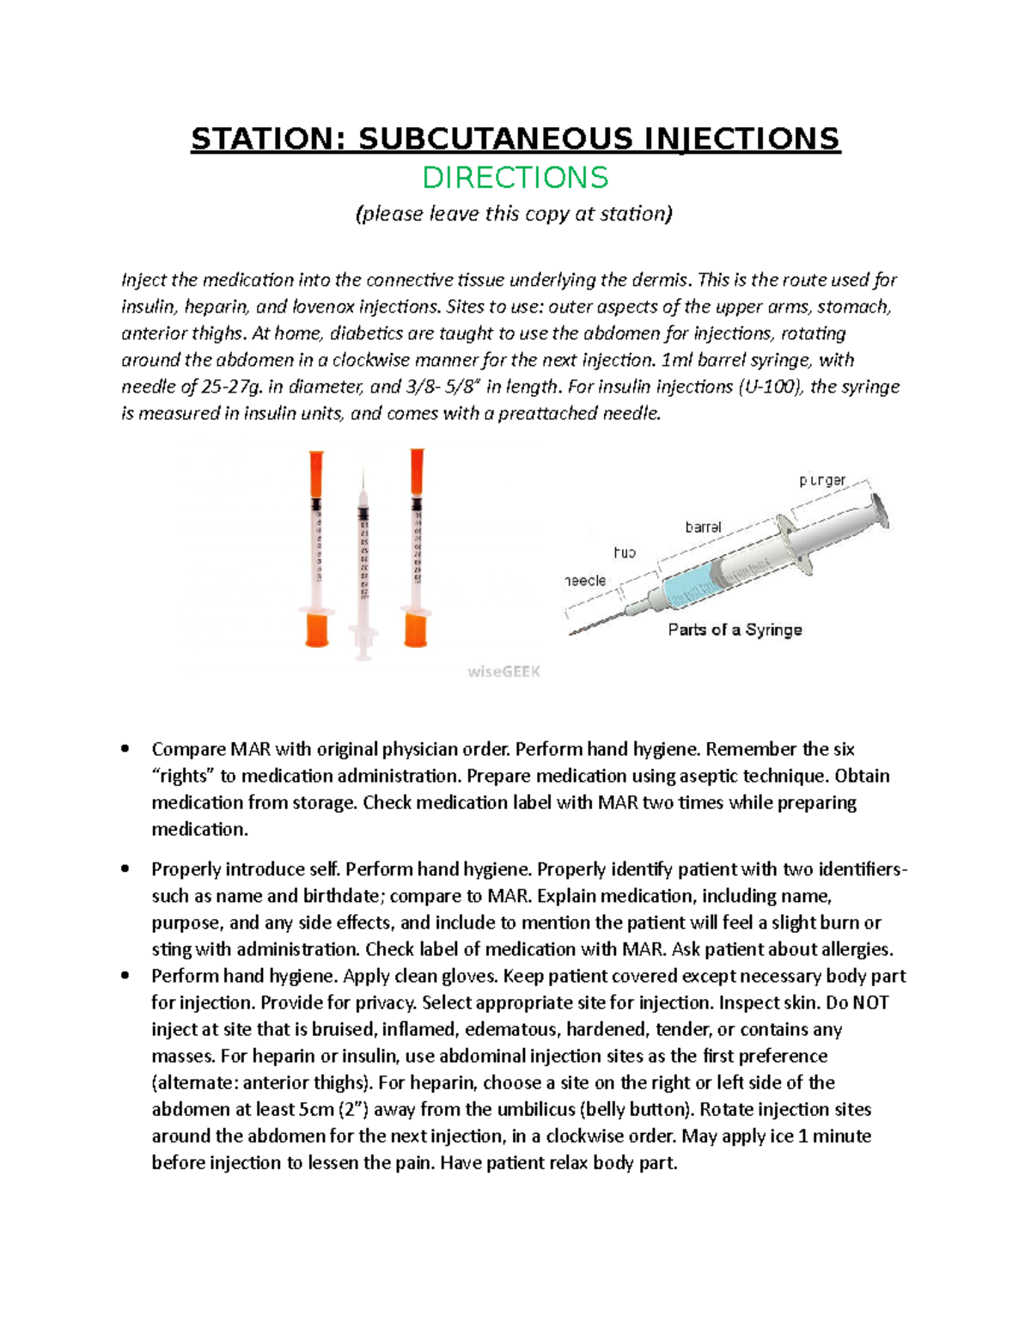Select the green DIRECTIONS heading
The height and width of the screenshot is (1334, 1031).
pyautogui.click(x=515, y=178)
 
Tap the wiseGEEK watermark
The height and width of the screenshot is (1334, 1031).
pyautogui.click(x=504, y=672)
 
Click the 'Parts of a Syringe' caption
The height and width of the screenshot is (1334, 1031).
pyautogui.click(x=735, y=630)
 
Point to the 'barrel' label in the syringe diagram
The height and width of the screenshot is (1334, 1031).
pyautogui.click(x=703, y=527)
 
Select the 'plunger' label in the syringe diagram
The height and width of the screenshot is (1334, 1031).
pyautogui.click(x=822, y=480)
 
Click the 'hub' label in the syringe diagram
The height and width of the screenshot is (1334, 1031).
pyautogui.click(x=625, y=552)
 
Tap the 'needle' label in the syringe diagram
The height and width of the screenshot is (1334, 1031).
pyautogui.click(x=586, y=581)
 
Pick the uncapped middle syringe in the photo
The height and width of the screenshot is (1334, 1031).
pyautogui.click(x=364, y=567)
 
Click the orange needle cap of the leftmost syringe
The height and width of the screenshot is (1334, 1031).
pyautogui.click(x=317, y=472)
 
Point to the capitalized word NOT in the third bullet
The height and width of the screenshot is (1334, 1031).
pyautogui.click(x=871, y=1002)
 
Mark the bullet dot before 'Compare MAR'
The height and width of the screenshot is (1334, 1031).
pyautogui.click(x=126, y=749)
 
